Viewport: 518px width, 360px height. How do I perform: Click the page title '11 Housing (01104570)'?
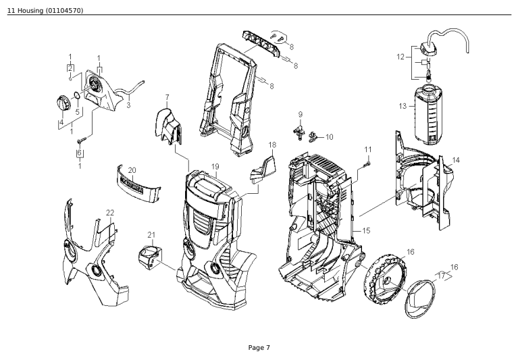45,9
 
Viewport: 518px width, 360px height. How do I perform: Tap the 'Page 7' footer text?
259,347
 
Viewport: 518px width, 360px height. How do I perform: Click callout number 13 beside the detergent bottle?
403,106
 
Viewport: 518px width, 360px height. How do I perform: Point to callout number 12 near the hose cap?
401,57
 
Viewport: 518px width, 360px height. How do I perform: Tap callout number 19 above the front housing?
215,165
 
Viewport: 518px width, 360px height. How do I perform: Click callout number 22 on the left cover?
109,213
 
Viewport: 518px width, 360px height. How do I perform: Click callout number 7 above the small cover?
167,97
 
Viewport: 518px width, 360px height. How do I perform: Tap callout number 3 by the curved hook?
128,105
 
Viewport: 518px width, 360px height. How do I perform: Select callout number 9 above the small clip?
300,114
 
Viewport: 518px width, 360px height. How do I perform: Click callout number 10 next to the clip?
329,137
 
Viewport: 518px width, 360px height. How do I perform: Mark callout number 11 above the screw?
368,149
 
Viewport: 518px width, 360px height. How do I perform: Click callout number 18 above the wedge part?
272,145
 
